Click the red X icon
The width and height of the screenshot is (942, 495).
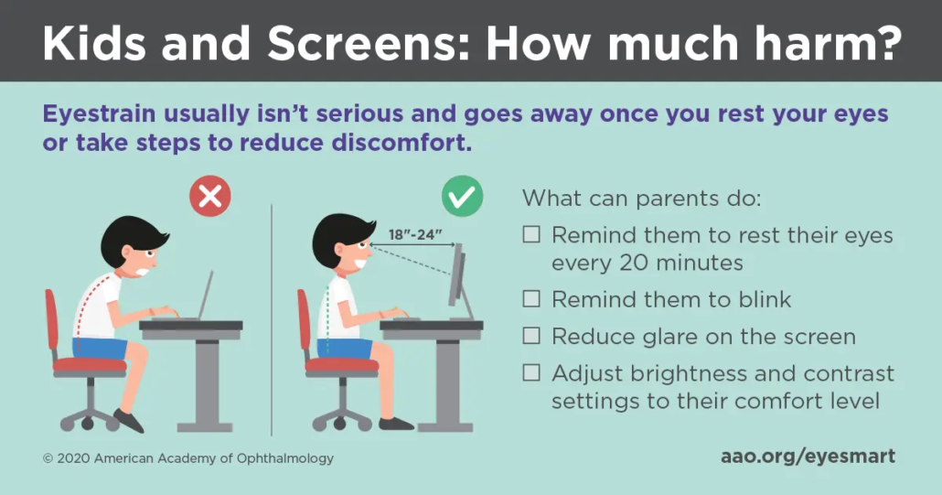[210, 196]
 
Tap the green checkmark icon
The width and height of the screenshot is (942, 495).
[462, 196]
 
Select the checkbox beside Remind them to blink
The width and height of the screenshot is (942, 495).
[531, 298]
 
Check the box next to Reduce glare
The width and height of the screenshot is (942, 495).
[531, 336]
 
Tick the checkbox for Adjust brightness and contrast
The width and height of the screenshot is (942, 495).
[531, 373]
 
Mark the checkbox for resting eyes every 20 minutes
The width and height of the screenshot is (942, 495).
[531, 233]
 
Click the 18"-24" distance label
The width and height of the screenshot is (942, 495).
[415, 234]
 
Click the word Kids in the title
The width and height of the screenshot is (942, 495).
[94, 43]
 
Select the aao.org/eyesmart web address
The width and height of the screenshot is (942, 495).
[808, 457]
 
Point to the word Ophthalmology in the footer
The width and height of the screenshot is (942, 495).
[285, 459]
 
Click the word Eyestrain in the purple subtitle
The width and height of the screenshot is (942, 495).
[99, 114]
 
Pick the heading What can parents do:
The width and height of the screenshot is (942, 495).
[641, 198]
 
